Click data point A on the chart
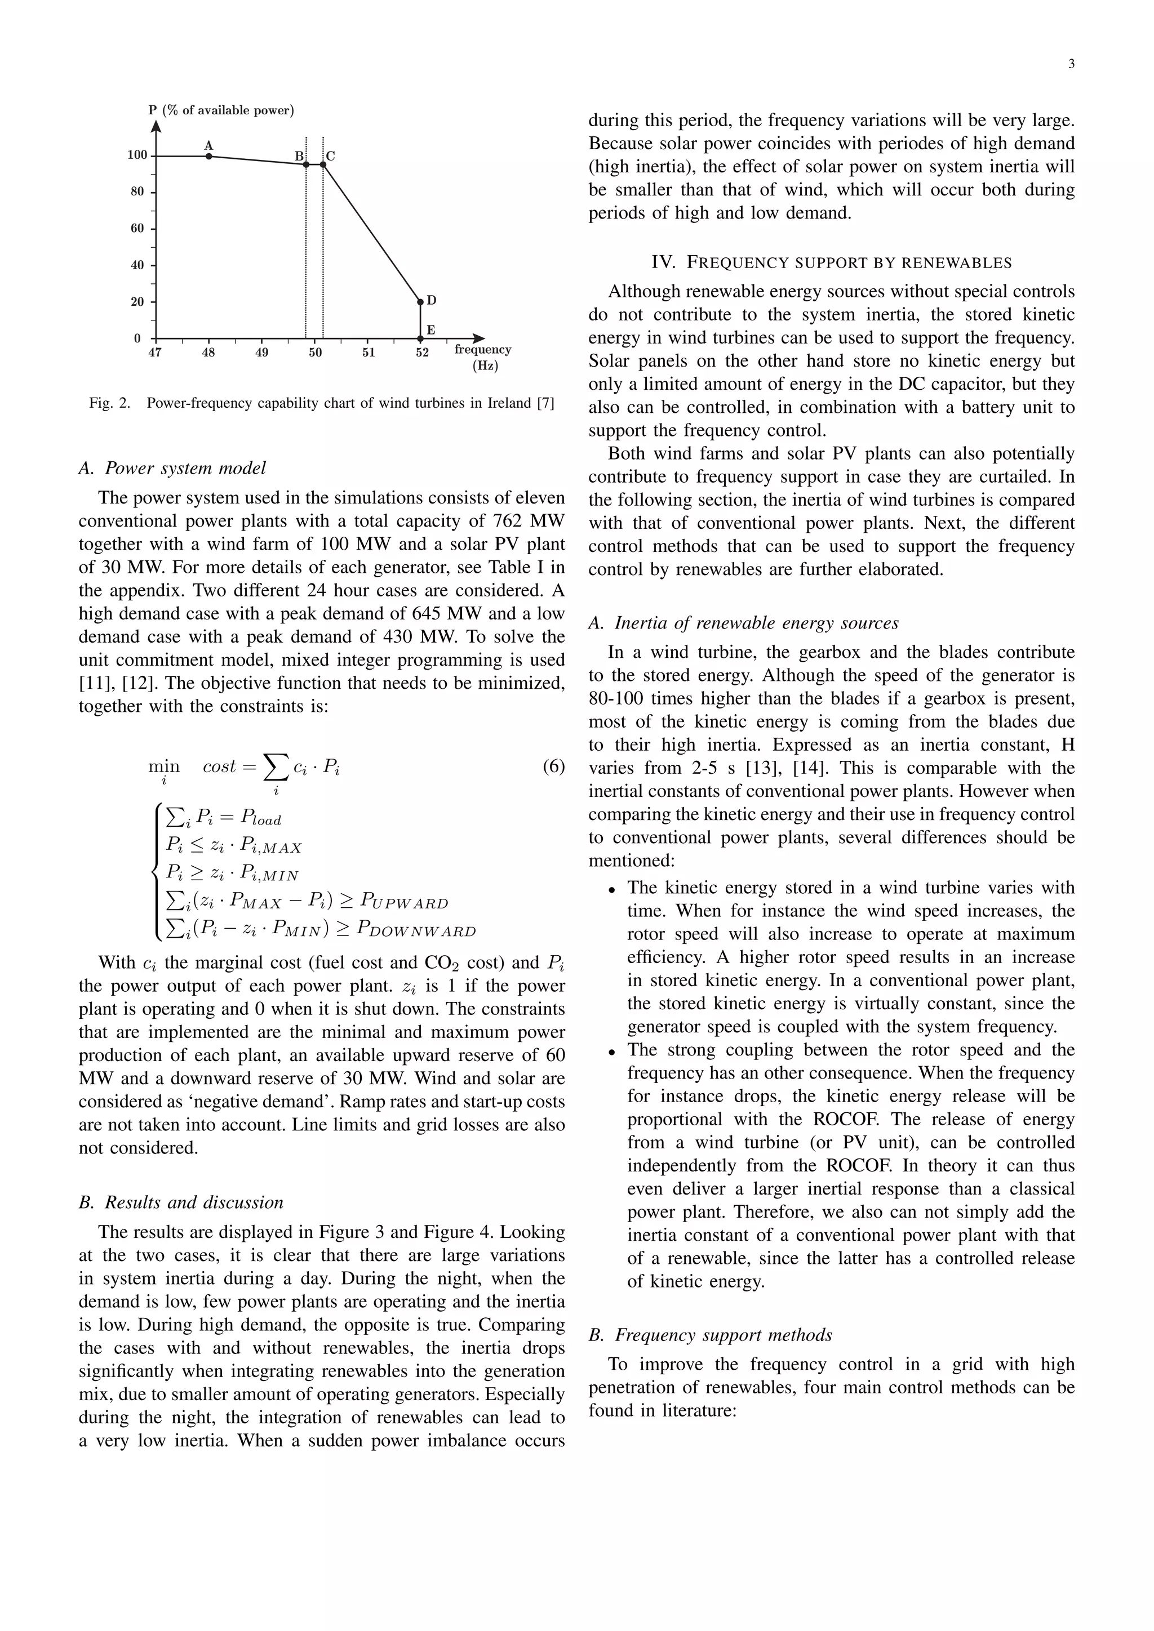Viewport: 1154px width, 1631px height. [208, 156]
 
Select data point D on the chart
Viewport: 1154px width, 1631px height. [420, 302]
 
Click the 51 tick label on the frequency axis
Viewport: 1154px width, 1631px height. [368, 353]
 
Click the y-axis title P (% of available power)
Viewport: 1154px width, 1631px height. [221, 110]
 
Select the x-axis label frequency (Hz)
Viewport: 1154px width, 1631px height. [483, 357]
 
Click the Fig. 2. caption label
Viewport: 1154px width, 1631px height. [110, 403]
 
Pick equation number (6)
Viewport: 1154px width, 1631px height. [553, 767]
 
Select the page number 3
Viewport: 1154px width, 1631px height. [1071, 64]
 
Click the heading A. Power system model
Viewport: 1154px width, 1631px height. [172, 468]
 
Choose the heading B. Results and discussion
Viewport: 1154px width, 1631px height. [181, 1202]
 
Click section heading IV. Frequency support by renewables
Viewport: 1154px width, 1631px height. [831, 263]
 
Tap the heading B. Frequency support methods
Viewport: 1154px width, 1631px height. [711, 1335]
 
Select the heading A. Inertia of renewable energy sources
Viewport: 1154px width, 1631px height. [743, 623]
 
